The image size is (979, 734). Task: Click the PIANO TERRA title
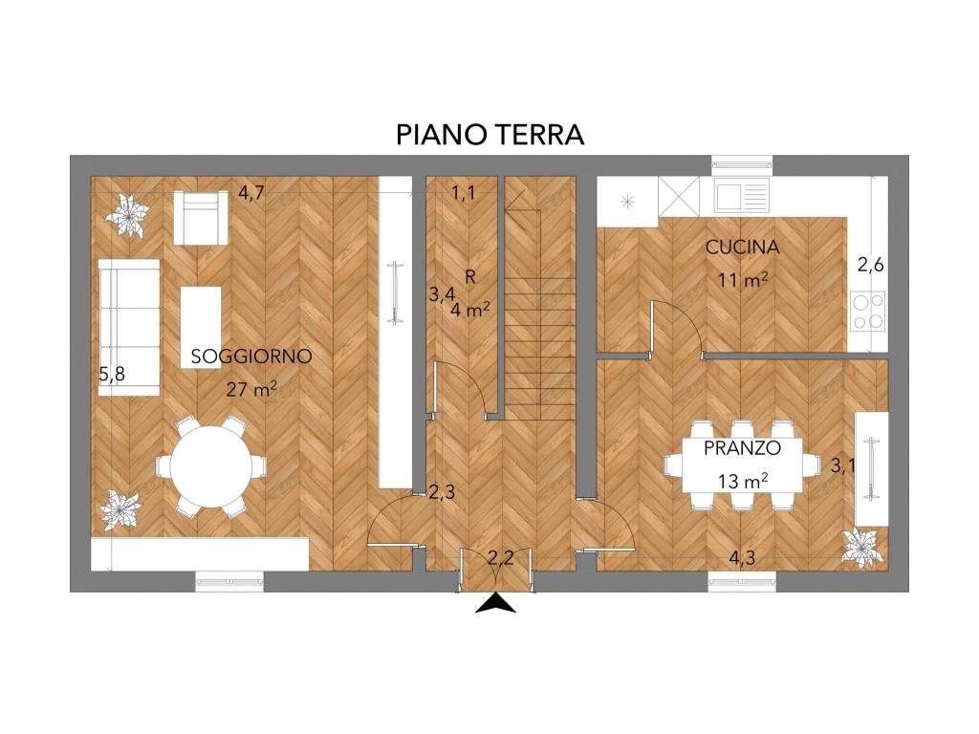click(x=489, y=135)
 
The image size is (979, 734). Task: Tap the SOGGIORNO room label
click(x=251, y=356)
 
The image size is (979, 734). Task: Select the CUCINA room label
click(x=742, y=247)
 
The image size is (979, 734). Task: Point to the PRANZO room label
click(x=743, y=447)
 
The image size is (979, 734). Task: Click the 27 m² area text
click(x=252, y=388)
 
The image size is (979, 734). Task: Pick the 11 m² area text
click(x=744, y=280)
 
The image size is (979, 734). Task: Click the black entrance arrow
click(x=495, y=604)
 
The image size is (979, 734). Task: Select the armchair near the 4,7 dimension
click(x=201, y=217)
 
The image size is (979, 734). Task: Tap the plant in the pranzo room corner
click(x=863, y=548)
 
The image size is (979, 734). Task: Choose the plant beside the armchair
click(x=127, y=215)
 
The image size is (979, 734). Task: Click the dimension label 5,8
click(x=112, y=375)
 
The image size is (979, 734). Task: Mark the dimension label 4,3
click(x=742, y=557)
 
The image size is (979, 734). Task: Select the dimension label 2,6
click(x=869, y=267)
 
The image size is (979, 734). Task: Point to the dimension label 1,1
click(x=464, y=194)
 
